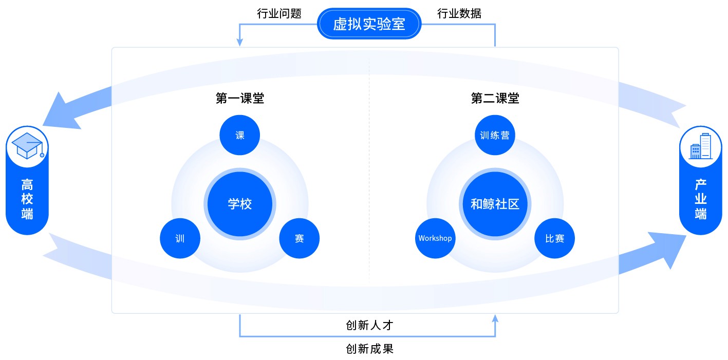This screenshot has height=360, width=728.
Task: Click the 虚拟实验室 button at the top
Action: pyautogui.click(x=369, y=24)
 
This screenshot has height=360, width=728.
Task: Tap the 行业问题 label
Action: pyautogui.click(x=279, y=14)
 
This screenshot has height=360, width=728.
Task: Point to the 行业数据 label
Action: pyautogui.click(x=459, y=14)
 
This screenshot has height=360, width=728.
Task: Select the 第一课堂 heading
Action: pyautogui.click(x=240, y=98)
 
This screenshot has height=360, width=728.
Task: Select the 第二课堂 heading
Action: pyautogui.click(x=495, y=98)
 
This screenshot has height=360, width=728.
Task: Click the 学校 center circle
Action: pyautogui.click(x=240, y=204)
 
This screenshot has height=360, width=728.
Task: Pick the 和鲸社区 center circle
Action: pyautogui.click(x=495, y=204)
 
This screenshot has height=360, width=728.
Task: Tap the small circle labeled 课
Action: pyautogui.click(x=240, y=135)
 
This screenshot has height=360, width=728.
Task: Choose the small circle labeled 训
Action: pyautogui.click(x=180, y=238)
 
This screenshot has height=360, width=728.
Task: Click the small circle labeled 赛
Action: pyautogui.click(x=300, y=238)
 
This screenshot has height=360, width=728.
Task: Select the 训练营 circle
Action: pyautogui.click(x=495, y=135)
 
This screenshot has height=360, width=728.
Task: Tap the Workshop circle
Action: pyautogui.click(x=435, y=238)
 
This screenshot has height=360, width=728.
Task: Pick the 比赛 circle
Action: pyautogui.click(x=555, y=238)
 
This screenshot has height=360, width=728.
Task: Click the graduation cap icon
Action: pyautogui.click(x=27, y=146)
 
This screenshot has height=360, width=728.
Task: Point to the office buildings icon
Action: pyautogui.click(x=701, y=146)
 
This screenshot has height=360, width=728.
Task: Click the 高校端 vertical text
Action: pyautogui.click(x=27, y=199)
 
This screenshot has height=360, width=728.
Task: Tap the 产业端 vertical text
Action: pyautogui.click(x=701, y=199)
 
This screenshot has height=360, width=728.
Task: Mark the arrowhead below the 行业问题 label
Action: pyautogui.click(x=240, y=43)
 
